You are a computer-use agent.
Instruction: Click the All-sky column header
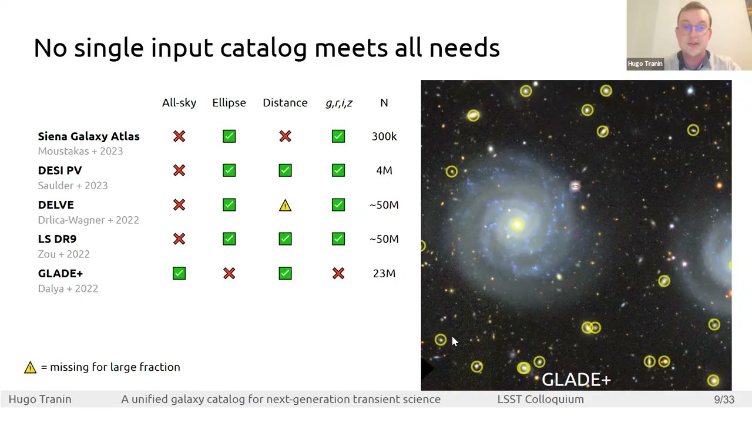pyautogui.click(x=179, y=103)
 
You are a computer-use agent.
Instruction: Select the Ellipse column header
pyautogui.click(x=229, y=103)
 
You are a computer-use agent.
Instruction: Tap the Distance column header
pyautogui.click(x=285, y=103)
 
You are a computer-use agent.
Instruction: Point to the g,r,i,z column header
pyautogui.click(x=338, y=103)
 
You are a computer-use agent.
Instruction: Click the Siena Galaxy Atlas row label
pyautogui.click(x=89, y=136)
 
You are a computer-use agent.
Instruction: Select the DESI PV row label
pyautogui.click(x=60, y=170)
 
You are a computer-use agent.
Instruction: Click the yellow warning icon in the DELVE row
pyautogui.click(x=285, y=205)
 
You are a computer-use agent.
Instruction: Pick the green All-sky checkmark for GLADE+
pyautogui.click(x=179, y=273)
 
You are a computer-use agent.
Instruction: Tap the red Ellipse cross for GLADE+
pyautogui.click(x=229, y=273)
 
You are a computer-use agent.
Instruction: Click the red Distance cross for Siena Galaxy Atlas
pyautogui.click(x=285, y=136)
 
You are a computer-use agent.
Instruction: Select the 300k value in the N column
pyautogui.click(x=384, y=136)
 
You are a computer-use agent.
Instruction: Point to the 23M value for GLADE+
pyautogui.click(x=384, y=273)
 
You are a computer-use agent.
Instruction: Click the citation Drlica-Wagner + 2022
pyautogui.click(x=88, y=220)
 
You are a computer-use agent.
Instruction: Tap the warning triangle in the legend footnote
pyautogui.click(x=30, y=367)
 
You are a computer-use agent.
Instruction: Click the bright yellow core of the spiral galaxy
pyautogui.click(x=517, y=224)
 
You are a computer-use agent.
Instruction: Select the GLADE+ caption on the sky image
pyautogui.click(x=576, y=380)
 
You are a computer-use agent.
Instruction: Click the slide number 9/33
pyautogui.click(x=724, y=399)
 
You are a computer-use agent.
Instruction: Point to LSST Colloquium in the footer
pyautogui.click(x=540, y=399)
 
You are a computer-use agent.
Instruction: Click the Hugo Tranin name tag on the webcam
pyautogui.click(x=644, y=63)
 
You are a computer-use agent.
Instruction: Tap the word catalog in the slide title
pyautogui.click(x=263, y=48)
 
